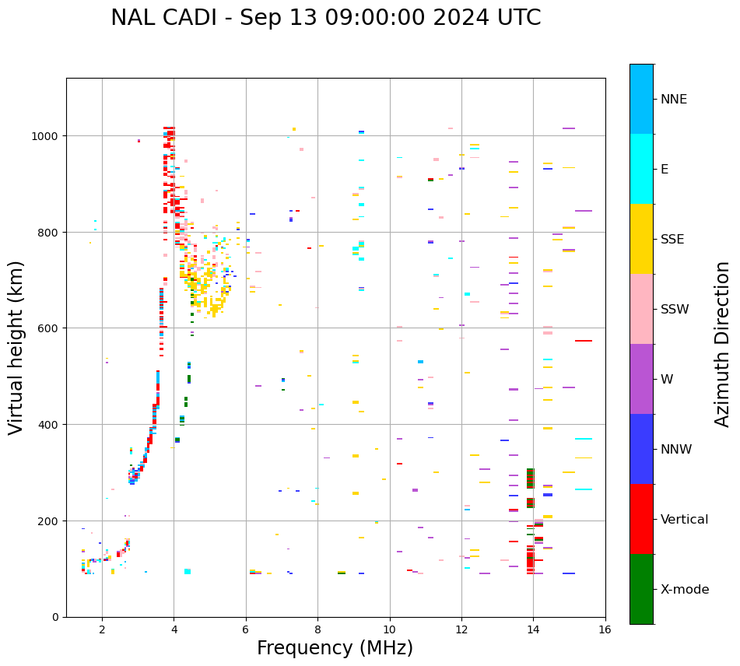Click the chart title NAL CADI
point(325,18)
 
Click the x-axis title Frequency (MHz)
point(335,648)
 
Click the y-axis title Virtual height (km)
point(16,348)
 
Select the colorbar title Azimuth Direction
point(723,344)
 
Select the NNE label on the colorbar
point(674,100)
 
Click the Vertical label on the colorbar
point(684,520)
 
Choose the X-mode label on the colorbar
point(685,590)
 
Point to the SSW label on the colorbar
point(675,310)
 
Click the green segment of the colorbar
point(641,589)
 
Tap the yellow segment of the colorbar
point(641,239)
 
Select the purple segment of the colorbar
point(641,379)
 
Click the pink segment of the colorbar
point(641,309)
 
